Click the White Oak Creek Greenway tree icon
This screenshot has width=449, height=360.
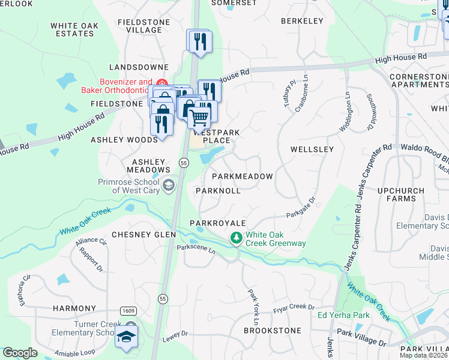pos(237,239)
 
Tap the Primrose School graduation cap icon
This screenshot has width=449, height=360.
pos(169,185)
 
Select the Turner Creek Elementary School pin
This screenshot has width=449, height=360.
pos(127,337)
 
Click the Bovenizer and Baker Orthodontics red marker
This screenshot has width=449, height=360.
pos(161,83)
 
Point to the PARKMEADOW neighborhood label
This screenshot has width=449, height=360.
pos(243,176)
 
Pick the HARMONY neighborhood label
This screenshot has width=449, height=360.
pos(74,308)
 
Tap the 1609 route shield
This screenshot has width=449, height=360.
pos(127,311)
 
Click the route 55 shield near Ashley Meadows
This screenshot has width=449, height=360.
pos(184,162)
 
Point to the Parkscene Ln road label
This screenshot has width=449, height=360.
pos(196,250)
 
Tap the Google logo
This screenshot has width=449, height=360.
pos(20,353)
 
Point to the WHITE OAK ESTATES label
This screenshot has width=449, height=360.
pos(72,29)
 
